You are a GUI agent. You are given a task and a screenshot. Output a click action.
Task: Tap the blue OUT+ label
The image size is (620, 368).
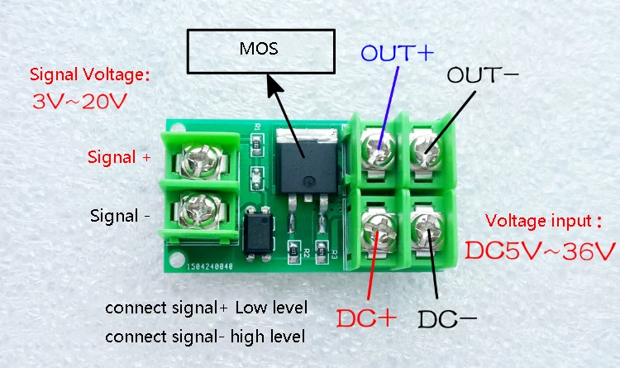point(398,53)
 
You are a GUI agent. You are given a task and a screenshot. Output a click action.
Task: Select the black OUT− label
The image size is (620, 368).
point(483,74)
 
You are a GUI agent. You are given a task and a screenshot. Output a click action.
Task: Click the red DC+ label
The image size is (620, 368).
point(366,318)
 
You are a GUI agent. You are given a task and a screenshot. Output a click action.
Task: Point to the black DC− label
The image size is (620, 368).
point(447,319)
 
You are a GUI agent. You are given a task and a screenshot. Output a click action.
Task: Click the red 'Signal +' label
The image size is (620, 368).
point(119,157)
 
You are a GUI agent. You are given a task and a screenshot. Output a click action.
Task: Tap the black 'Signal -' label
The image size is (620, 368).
point(120,216)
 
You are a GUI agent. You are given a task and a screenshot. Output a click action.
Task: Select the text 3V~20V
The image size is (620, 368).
point(79,102)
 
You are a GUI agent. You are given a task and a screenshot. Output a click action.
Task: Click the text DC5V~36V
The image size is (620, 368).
point(540,251)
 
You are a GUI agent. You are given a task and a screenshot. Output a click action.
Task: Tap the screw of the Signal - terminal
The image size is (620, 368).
point(199,210)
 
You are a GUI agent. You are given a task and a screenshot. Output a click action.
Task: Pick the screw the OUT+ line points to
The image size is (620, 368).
point(379,150)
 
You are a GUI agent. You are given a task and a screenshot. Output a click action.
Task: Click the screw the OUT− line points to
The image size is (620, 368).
point(425,151)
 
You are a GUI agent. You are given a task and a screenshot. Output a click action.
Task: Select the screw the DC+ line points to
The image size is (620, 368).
point(379,231)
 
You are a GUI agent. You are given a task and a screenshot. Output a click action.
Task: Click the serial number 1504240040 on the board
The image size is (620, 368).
point(210,267)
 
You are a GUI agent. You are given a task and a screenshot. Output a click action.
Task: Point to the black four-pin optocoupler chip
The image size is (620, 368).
point(259,233)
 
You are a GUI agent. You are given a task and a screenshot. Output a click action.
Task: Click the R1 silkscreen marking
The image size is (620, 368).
point(257,127)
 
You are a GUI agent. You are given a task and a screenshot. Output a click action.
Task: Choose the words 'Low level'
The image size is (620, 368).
point(271,308)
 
